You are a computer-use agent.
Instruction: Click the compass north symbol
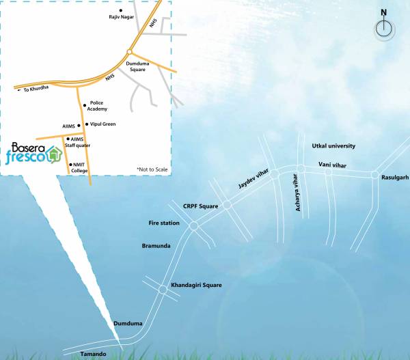[x=384, y=28]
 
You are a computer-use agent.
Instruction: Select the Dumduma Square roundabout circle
[x=128, y=51]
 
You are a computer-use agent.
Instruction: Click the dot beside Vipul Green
[x=86, y=124]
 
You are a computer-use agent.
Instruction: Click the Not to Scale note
[x=152, y=169]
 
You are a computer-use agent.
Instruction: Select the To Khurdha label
[x=38, y=89]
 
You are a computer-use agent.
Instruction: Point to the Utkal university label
[x=333, y=146]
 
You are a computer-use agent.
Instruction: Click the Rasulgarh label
[x=394, y=177]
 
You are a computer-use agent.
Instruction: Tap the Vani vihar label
[x=334, y=165]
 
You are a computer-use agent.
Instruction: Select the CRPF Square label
[x=200, y=206]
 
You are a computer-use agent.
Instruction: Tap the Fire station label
[x=164, y=223]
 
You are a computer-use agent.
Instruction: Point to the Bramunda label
[x=156, y=245]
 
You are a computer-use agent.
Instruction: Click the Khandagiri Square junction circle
[x=163, y=290]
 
